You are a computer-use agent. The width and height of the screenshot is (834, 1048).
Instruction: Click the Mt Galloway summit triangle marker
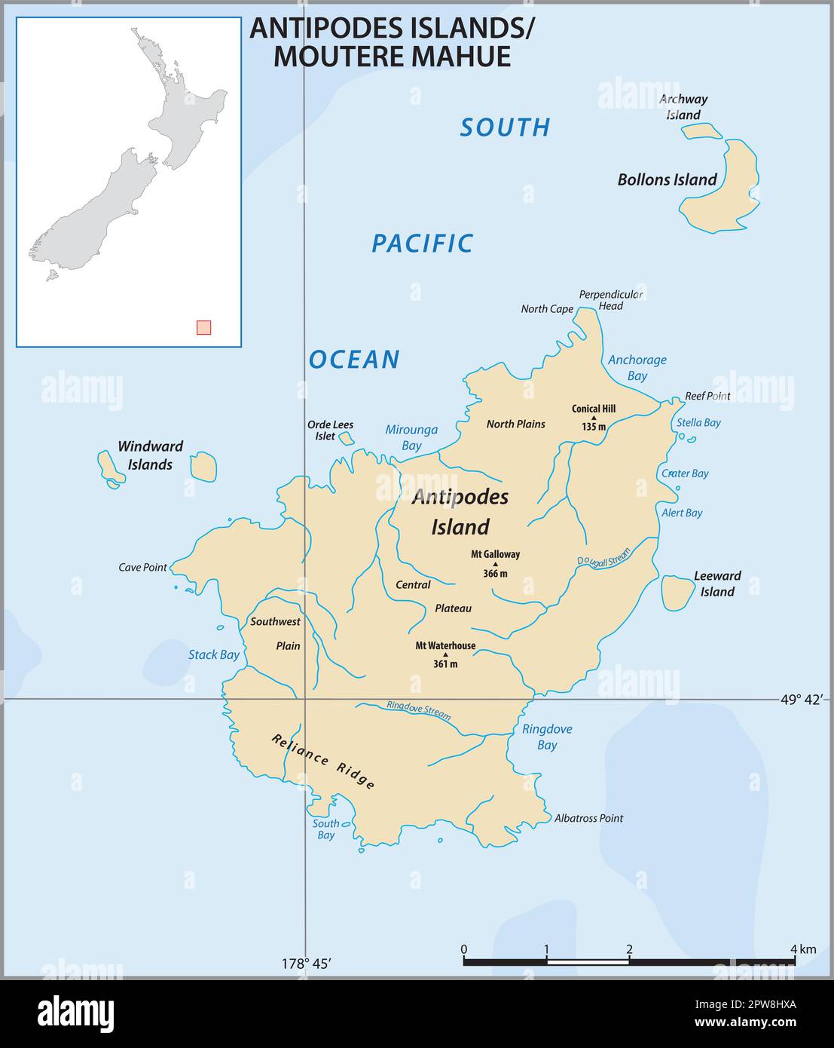point(495,564)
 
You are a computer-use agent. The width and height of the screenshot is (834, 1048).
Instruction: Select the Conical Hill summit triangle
point(594,418)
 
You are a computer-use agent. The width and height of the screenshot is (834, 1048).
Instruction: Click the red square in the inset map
point(203,327)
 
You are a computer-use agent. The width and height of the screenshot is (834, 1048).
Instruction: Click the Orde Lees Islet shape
point(346,438)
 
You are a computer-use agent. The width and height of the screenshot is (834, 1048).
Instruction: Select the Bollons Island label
point(667,179)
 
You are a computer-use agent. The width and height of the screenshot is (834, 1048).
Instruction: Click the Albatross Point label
point(588,818)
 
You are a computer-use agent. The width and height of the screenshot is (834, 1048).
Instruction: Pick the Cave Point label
point(142,567)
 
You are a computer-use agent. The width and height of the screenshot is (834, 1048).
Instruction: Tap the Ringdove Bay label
point(547,737)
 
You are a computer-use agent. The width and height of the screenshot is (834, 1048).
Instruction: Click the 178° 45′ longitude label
point(307,964)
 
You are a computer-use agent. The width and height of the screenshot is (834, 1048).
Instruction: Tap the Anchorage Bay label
point(637,367)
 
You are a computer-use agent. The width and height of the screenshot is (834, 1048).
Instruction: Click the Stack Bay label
point(213,654)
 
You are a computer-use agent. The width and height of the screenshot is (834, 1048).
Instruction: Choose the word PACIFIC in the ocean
point(422,243)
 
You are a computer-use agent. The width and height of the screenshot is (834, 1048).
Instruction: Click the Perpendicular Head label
point(610,300)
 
